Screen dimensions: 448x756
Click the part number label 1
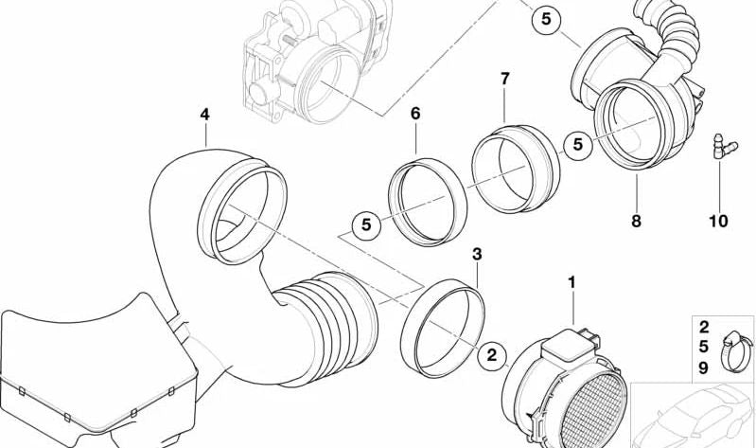coord(571,282)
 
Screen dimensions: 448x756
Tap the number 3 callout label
coord(477,255)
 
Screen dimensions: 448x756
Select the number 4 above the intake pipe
coord(204,115)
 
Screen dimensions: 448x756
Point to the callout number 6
coord(414,114)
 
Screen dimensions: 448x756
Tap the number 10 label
coord(717,221)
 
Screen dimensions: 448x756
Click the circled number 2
coord(491,356)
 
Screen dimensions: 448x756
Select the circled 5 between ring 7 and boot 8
coord(576,144)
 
